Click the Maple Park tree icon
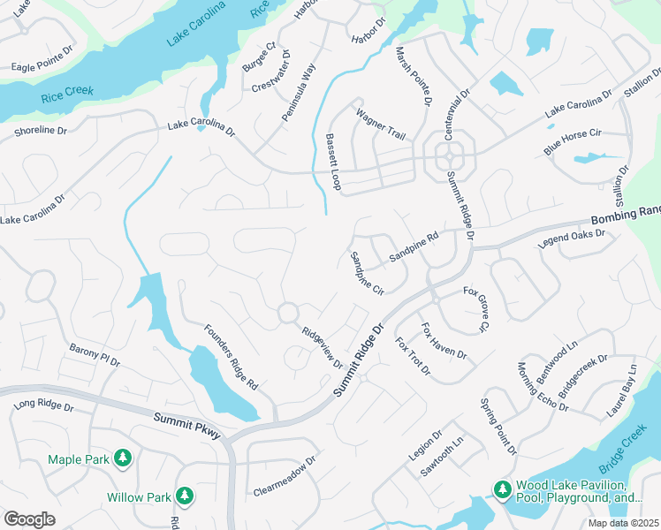(x=124, y=458)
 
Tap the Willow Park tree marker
(x=185, y=496)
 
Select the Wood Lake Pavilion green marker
(x=502, y=489)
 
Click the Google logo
(x=29, y=519)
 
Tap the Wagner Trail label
(x=380, y=125)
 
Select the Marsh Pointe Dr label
(x=413, y=77)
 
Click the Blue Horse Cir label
(x=573, y=141)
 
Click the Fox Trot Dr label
(x=412, y=355)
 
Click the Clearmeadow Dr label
(x=285, y=475)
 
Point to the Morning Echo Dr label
(x=543, y=387)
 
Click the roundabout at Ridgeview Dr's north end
(x=287, y=313)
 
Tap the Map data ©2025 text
(x=624, y=523)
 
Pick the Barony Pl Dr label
(x=95, y=355)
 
